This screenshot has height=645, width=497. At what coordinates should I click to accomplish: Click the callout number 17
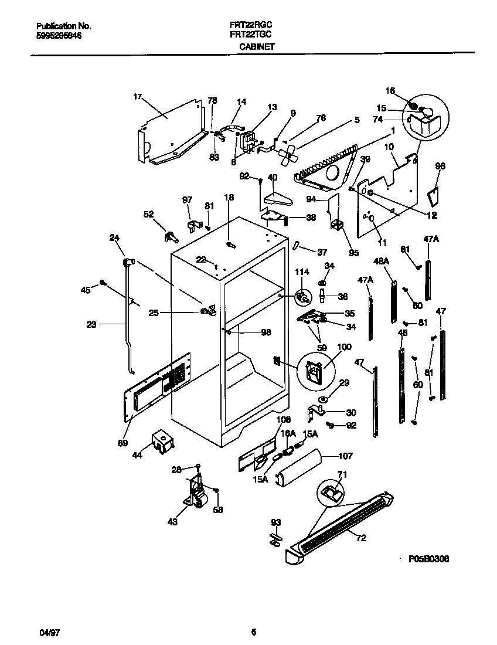138,96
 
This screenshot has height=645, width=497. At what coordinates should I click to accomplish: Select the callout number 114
301,272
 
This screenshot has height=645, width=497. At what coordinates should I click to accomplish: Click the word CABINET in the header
257,46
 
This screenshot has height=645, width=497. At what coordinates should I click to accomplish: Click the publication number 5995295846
59,35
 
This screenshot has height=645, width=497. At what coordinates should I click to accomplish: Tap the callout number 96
440,166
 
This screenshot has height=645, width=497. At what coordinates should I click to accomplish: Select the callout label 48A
382,260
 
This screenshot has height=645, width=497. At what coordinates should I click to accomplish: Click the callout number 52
149,214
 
